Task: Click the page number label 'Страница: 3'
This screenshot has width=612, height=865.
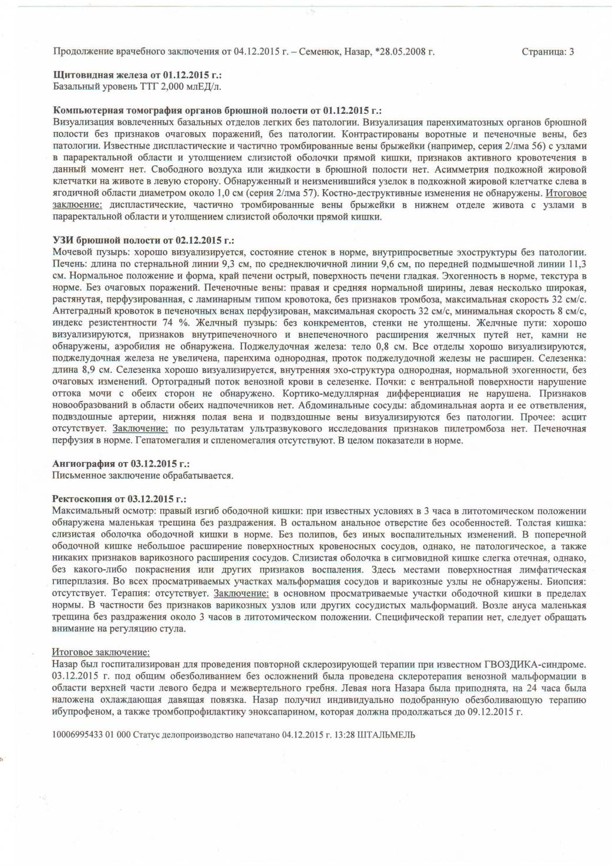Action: coord(547,52)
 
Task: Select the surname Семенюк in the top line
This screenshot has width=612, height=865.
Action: coord(318,52)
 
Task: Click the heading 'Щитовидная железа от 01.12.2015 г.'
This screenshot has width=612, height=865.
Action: coord(137,75)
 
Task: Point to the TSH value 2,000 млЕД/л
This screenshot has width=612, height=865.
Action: coord(189,87)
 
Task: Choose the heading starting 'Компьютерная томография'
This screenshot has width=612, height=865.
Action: coord(217,110)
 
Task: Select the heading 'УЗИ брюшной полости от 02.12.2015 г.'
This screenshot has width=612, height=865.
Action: coord(143,240)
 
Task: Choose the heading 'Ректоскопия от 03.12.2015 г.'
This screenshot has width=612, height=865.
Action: coord(119,499)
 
